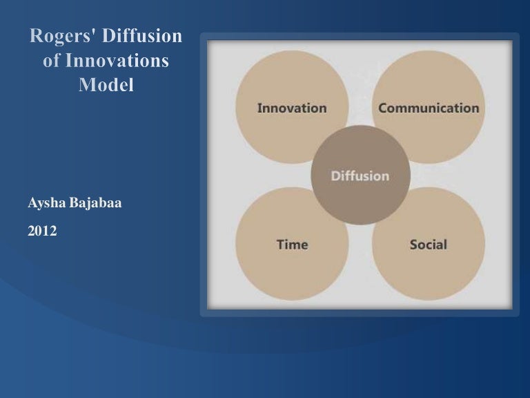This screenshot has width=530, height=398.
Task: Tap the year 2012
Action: (x=42, y=231)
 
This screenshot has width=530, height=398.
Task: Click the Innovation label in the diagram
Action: (x=291, y=108)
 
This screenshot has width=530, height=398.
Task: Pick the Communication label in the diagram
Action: (x=428, y=108)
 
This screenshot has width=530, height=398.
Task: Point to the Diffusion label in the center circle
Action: (x=360, y=176)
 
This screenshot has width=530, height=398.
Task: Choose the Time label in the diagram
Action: (x=292, y=245)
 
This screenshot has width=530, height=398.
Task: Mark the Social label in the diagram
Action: (x=428, y=245)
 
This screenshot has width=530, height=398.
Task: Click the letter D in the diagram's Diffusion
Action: (x=335, y=176)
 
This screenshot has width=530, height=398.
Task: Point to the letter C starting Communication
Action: (x=382, y=108)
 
